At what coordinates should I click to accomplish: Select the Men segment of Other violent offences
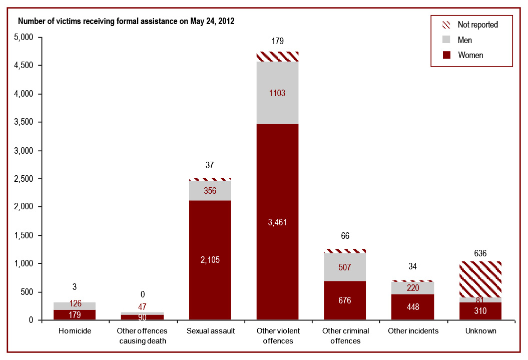277,108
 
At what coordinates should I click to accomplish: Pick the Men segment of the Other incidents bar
412,288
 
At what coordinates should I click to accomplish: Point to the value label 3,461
277,222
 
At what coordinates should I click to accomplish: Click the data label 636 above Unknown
480,253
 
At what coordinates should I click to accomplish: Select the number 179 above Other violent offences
277,41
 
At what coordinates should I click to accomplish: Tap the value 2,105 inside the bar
210,259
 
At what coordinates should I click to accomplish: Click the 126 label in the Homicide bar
75,303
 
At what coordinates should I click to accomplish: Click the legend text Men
464,40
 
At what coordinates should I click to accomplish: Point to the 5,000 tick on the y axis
23,38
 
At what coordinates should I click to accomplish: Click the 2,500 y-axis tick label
23,179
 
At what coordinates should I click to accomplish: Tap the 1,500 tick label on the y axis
23,235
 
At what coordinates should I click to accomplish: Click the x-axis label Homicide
75,331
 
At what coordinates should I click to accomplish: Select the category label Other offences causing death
142,336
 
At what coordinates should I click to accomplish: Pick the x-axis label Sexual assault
210,331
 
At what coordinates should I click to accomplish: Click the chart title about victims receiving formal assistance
126,22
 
